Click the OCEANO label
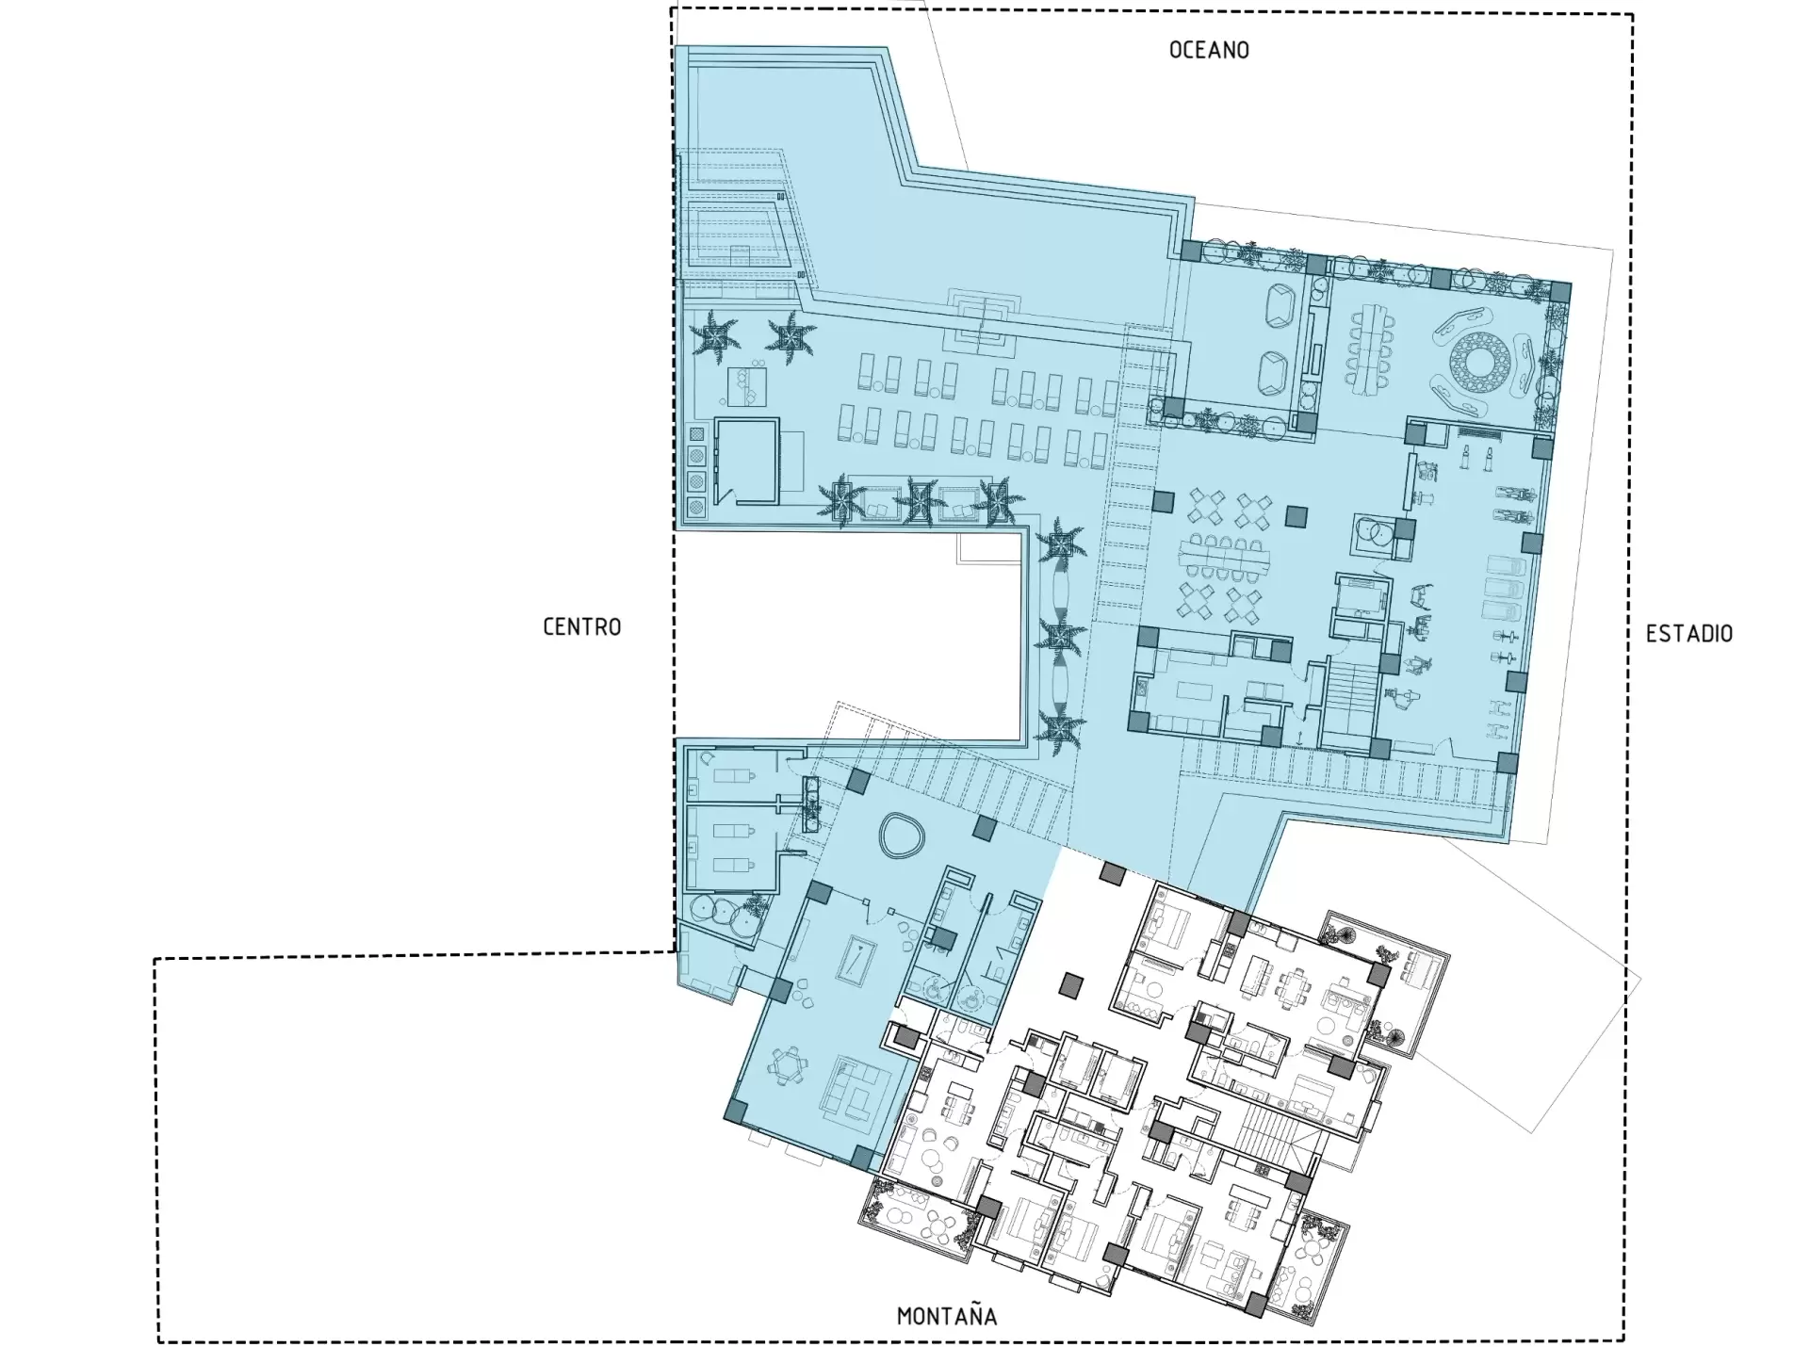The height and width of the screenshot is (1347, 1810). (x=1209, y=50)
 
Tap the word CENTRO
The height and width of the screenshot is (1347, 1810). (x=582, y=627)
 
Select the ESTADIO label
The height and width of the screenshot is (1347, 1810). (x=1689, y=634)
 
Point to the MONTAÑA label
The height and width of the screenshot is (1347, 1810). (x=947, y=1315)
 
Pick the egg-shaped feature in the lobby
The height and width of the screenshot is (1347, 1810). (x=903, y=836)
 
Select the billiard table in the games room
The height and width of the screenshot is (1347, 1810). (x=857, y=962)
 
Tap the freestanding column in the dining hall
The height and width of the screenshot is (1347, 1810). (x=1296, y=516)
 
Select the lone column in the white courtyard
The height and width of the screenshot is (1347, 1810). (x=1070, y=986)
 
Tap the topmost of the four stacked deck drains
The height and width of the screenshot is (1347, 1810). (x=697, y=434)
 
